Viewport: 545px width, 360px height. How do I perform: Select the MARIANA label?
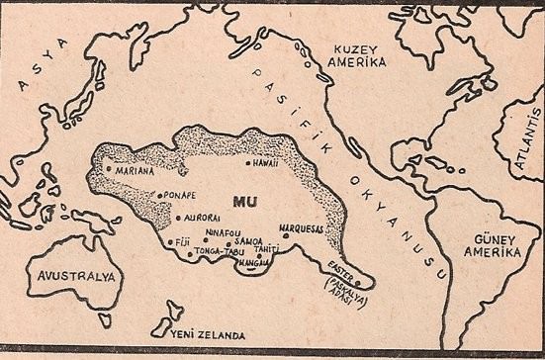[x=136, y=169]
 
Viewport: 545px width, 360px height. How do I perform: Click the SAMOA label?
[x=248, y=241]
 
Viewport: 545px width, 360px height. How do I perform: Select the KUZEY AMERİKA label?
[x=357, y=51]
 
